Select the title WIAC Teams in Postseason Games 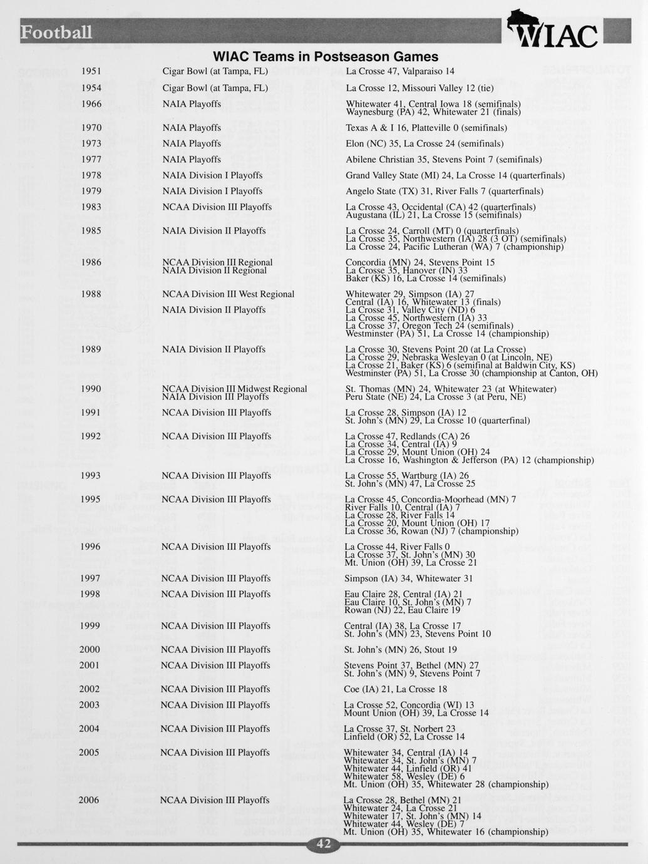(326, 57)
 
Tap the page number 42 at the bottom (324, 844)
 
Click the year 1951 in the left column (91, 71)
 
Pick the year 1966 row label (91, 104)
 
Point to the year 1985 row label (91, 231)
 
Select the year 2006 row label (89, 800)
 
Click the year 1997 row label (90, 579)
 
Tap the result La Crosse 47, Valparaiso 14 (400, 71)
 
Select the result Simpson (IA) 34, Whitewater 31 (408, 579)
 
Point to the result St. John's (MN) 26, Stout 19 (400, 650)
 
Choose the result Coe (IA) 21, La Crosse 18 (396, 689)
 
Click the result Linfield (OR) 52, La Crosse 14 (404, 737)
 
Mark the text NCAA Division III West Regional (228, 294)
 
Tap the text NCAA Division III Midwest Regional (234, 389)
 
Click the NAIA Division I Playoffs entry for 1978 (212, 175)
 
